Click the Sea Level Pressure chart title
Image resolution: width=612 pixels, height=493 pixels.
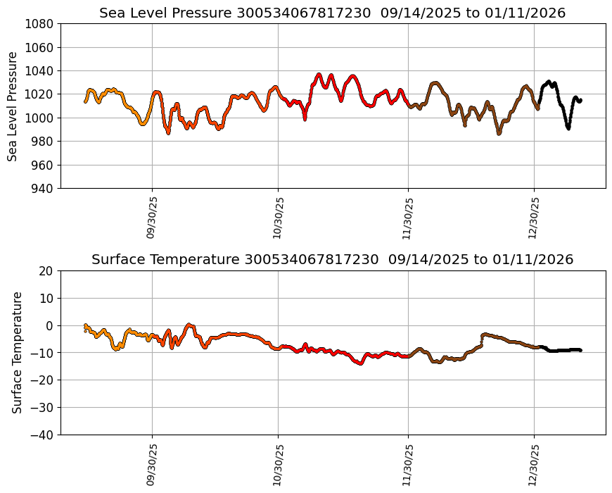pos(332,13)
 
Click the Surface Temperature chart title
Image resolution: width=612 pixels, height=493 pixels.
pos(332,260)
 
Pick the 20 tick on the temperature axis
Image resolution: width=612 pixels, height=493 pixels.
pos(47,271)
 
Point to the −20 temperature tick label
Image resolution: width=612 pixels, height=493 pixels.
pos(42,380)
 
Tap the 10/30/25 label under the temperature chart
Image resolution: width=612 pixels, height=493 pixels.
pos(278,465)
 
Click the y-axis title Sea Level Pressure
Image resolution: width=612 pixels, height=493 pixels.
pos(13,106)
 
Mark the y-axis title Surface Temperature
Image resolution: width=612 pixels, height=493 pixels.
pos(17,352)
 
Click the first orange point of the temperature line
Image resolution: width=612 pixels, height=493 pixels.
pos(86,325)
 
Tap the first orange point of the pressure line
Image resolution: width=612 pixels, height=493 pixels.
pos(86,101)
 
